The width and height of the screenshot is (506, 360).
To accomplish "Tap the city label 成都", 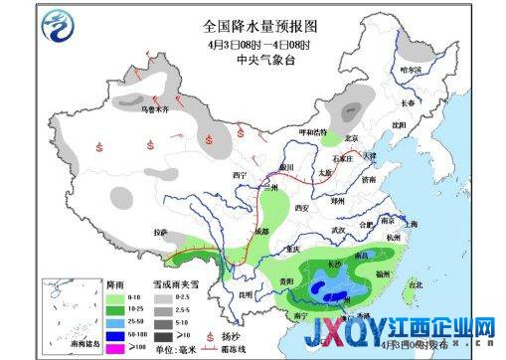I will tap(260, 231).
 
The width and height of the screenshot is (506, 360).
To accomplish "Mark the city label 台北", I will tap(416, 285).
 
